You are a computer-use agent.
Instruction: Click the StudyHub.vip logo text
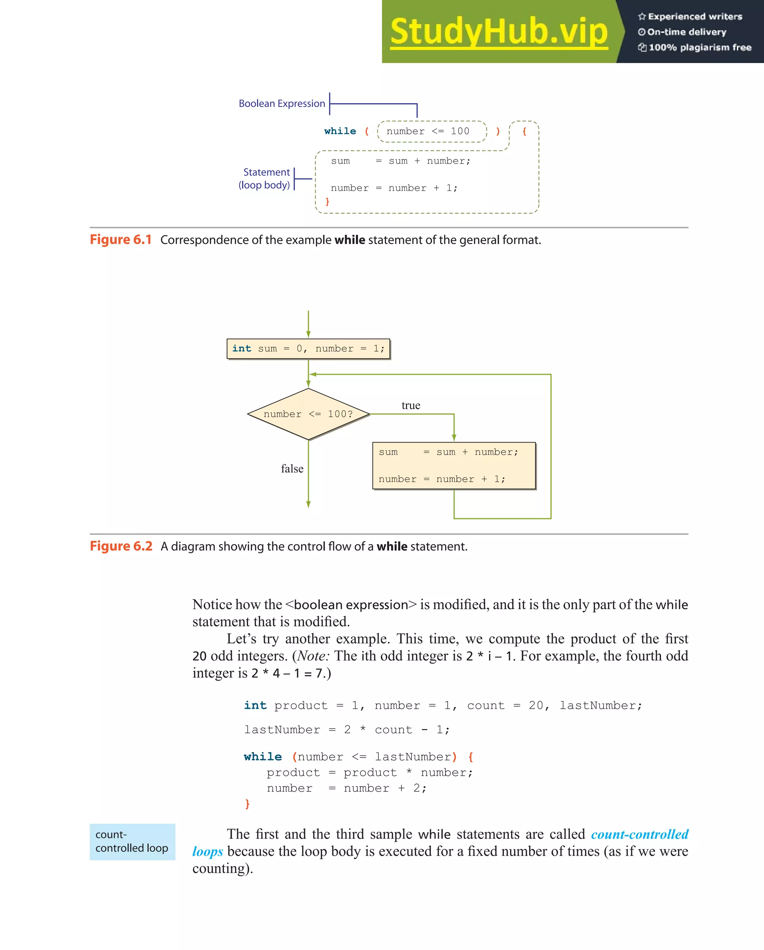pos(498,32)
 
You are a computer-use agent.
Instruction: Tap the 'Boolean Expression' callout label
pos(282,103)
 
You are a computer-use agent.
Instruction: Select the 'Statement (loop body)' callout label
pos(264,178)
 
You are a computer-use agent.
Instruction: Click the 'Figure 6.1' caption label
pos(120,240)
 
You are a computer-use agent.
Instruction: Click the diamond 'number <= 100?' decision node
pos(308,414)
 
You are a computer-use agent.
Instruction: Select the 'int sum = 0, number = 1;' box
pos(308,349)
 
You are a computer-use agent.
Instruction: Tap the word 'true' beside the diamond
pos(411,405)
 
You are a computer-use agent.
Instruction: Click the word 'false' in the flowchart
pos(292,469)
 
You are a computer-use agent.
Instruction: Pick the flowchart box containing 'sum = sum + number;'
pos(454,466)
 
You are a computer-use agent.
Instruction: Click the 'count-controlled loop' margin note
pos(132,842)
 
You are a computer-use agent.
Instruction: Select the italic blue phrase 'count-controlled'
pos(639,834)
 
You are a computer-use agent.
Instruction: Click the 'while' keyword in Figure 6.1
pos(340,131)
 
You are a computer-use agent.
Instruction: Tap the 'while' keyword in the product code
pos(263,757)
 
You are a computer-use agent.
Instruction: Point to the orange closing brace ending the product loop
pos(247,804)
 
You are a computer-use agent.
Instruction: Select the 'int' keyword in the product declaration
pos(256,706)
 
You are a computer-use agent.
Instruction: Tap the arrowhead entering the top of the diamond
pos(308,384)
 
